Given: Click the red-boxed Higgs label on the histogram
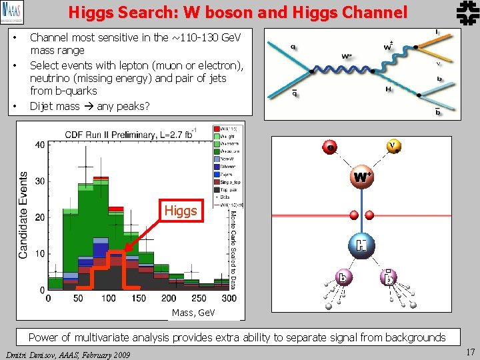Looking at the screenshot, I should pyautogui.click(x=181, y=211).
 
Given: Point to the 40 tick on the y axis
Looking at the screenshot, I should pyautogui.click(x=39, y=145).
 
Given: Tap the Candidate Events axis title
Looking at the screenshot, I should pyautogui.click(x=23, y=215).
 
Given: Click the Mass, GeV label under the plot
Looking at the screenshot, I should pyautogui.click(x=193, y=312).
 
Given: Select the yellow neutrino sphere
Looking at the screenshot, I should pyautogui.click(x=394, y=146).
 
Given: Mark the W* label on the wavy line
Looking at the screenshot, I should pyautogui.click(x=347, y=57).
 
